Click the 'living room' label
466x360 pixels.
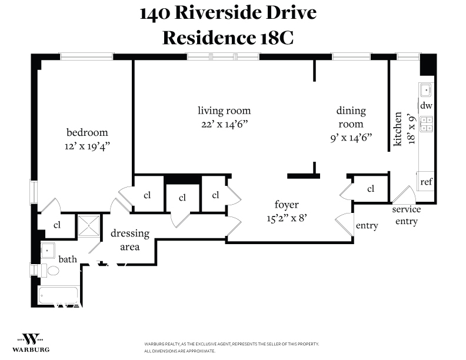(x=224, y=111)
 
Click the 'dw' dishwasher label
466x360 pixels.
(x=426, y=106)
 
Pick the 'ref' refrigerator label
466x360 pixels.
(x=426, y=182)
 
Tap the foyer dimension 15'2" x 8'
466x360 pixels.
(x=287, y=218)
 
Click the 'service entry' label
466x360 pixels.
(x=407, y=215)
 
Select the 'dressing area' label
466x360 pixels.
(x=129, y=240)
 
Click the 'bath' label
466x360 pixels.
(x=67, y=259)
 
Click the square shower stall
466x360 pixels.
(x=89, y=225)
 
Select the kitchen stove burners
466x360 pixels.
(x=425, y=124)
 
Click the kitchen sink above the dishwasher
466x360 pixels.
(x=425, y=90)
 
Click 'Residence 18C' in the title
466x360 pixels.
(x=228, y=38)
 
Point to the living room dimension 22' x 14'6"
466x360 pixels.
(x=224, y=124)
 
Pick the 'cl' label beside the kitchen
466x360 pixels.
(x=371, y=189)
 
